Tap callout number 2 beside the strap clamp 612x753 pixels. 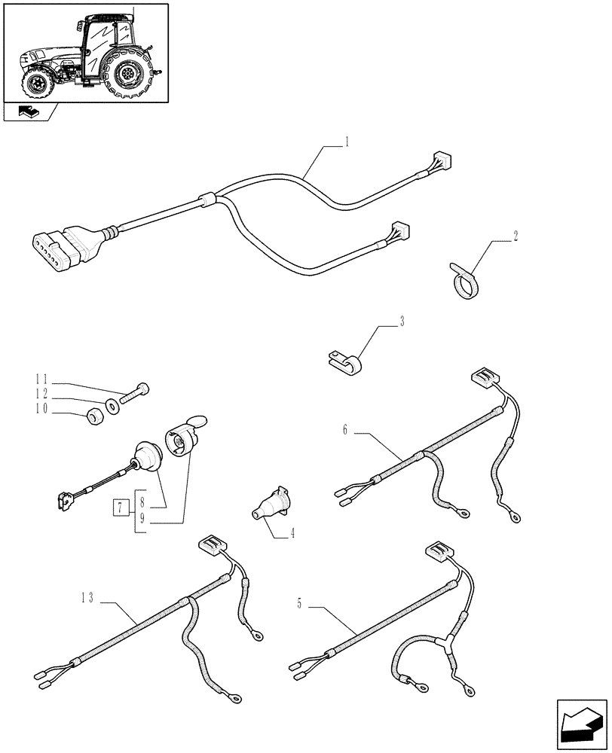pos(516,236)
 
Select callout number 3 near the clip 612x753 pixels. pos(402,322)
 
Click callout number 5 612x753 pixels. pos(299,603)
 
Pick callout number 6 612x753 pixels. pos(345,431)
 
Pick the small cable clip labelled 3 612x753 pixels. pos(345,362)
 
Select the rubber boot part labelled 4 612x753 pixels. pos(270,504)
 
